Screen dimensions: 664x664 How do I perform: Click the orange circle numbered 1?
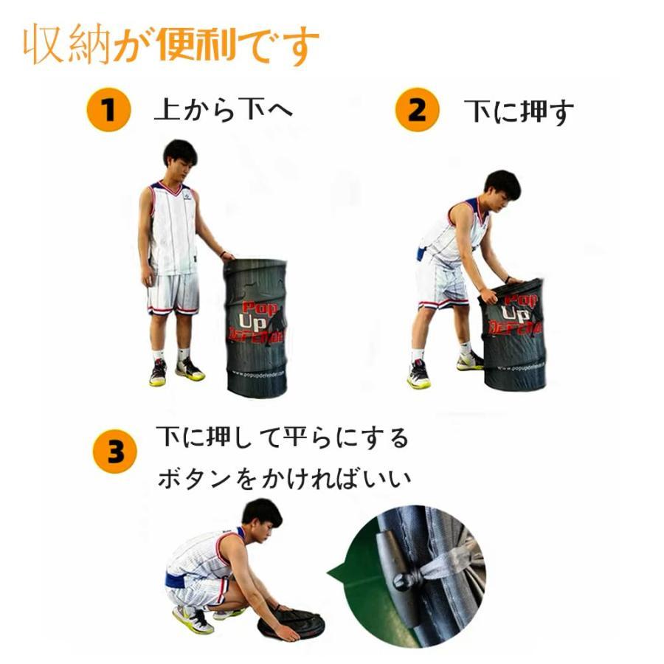pos(108,111)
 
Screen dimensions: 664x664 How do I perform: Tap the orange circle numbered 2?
pos(417,111)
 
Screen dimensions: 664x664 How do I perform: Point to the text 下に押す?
pos(519,112)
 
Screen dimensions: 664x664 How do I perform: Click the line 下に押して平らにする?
pos(282,438)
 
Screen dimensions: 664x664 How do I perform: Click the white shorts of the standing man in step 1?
pos(174,291)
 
